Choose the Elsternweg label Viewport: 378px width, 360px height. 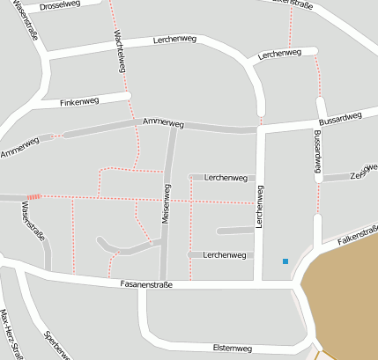(x=233, y=349)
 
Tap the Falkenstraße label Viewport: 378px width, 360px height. (x=357, y=231)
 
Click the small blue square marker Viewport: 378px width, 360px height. (x=285, y=261)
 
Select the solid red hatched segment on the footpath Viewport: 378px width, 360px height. (x=34, y=197)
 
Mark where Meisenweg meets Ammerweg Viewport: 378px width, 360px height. (x=174, y=126)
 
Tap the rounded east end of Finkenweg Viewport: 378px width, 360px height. (x=128, y=95)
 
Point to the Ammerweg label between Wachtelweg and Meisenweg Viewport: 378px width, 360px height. (x=162, y=122)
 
